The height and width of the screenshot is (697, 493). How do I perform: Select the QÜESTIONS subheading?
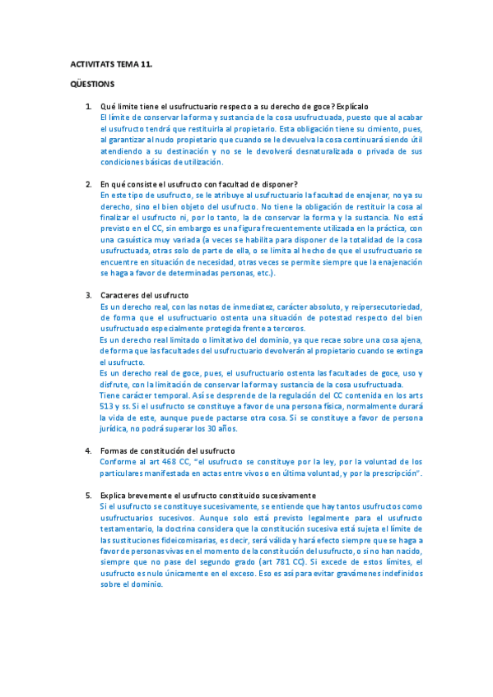(92, 84)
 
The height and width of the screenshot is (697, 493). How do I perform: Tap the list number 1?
(89, 107)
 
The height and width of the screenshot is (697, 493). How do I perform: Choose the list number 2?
(89, 183)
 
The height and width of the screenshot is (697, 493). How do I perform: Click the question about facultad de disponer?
(198, 183)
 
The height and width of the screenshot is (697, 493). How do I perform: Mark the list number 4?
(89, 450)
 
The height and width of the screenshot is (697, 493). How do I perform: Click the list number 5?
(89, 495)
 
